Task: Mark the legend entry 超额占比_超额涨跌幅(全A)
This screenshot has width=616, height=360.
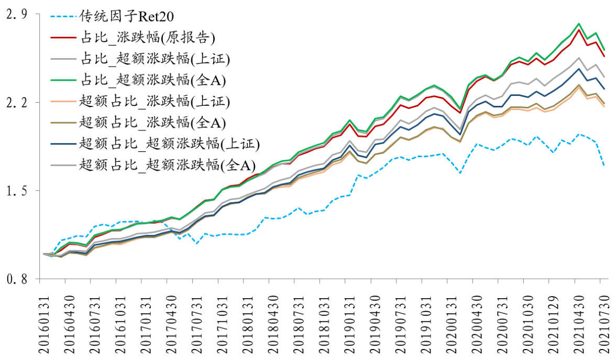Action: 167,165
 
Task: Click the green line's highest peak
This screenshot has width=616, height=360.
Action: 578,24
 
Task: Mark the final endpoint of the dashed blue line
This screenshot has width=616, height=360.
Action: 604,166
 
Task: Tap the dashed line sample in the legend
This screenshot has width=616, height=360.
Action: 63,16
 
